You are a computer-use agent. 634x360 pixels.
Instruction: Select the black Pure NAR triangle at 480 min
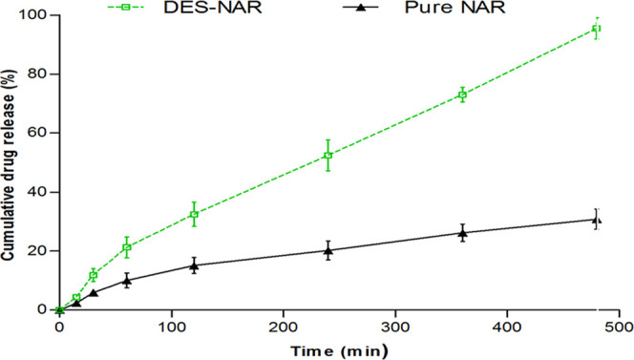point(597,219)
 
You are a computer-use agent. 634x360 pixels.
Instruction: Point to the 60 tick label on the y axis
point(40,133)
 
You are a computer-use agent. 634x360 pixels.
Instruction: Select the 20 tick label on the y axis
point(40,251)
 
